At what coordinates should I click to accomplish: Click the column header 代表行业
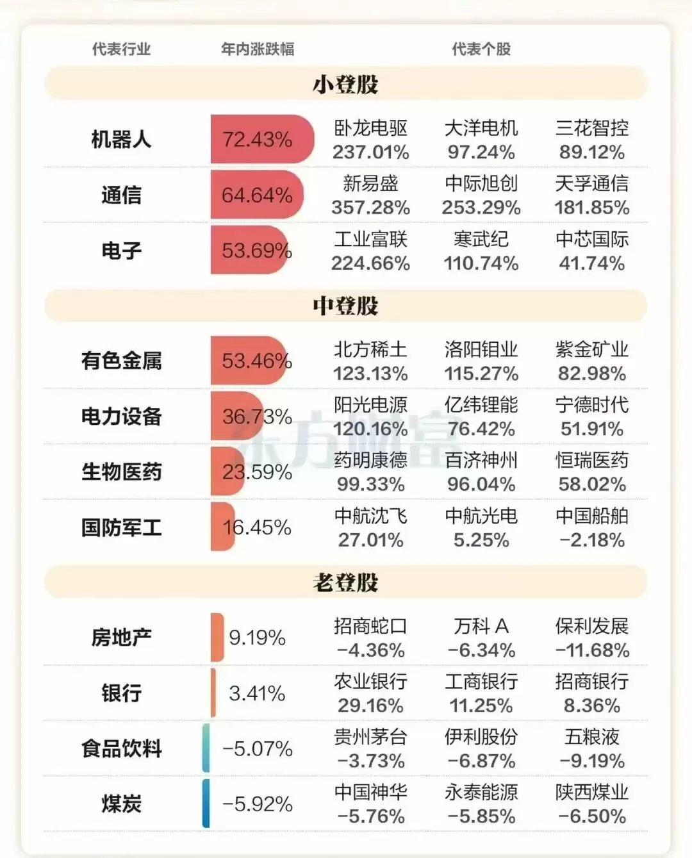coord(121,49)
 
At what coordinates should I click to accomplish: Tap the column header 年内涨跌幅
coord(257,49)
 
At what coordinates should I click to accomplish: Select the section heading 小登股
coord(345,85)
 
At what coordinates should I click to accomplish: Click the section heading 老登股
coord(345,582)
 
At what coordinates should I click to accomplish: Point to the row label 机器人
coord(121,139)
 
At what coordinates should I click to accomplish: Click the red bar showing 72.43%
coord(261,139)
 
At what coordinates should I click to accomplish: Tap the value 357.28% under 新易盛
coord(370,208)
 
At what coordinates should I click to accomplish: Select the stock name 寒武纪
coord(481,239)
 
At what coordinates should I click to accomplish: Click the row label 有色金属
coord(121,361)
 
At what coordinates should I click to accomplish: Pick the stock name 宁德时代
coord(591,405)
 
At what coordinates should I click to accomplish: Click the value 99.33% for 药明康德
coord(370,484)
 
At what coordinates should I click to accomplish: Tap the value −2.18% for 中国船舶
coord(591,540)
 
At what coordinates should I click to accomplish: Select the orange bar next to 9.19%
coord(217,638)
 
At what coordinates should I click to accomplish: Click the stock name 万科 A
coord(481,626)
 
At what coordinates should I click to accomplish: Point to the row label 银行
coord(121,693)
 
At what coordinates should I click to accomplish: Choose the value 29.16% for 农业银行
coord(370,705)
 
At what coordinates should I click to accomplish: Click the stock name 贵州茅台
coord(370,737)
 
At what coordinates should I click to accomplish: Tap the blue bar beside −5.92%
coord(206,804)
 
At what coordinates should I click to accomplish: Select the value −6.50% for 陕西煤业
coord(591,816)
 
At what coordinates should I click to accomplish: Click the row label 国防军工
coord(121,527)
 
